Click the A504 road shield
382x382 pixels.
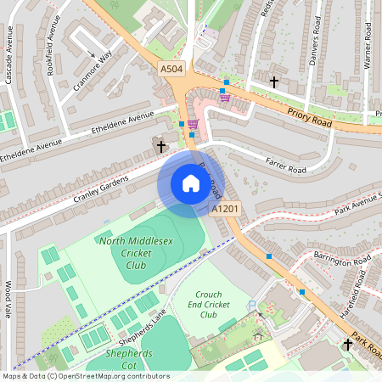171,69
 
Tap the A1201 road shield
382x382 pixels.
225,208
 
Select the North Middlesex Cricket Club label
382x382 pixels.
132,253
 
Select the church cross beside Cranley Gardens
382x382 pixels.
161,146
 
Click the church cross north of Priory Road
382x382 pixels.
273,82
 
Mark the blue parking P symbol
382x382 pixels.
250,306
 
